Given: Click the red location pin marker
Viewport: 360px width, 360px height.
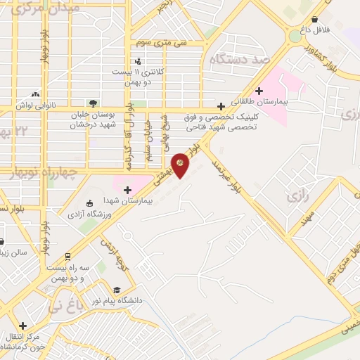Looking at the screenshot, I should coord(182,165).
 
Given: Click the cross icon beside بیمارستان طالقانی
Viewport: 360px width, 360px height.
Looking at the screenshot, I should coord(259,90).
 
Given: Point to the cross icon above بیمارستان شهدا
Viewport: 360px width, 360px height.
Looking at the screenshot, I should coord(127,190).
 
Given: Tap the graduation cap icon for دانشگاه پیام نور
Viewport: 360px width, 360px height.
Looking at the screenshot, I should coord(117,289).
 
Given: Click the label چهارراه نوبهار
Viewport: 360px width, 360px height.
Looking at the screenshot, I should coord(29,176).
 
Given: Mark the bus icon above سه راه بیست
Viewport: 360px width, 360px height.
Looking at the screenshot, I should coord(67,256).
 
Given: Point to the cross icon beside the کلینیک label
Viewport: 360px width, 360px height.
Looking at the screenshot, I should coord(221,106).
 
